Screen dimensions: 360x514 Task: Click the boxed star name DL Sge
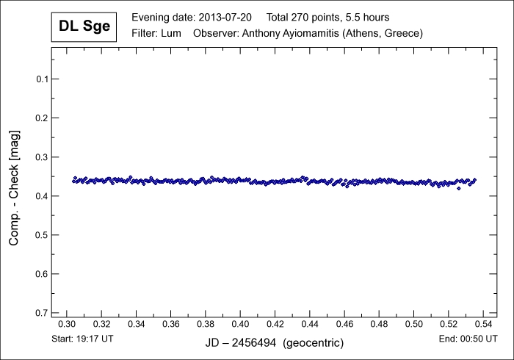point(84,28)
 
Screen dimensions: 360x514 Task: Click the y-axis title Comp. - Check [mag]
point(15,187)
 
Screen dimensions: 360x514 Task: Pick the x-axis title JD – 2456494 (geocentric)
point(273,343)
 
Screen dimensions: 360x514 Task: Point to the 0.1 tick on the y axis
point(43,79)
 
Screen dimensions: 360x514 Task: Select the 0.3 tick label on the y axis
point(43,157)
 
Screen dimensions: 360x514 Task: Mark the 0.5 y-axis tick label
point(43,235)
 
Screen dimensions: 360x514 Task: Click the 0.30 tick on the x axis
point(67,324)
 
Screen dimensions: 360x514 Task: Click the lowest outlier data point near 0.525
point(459,188)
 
